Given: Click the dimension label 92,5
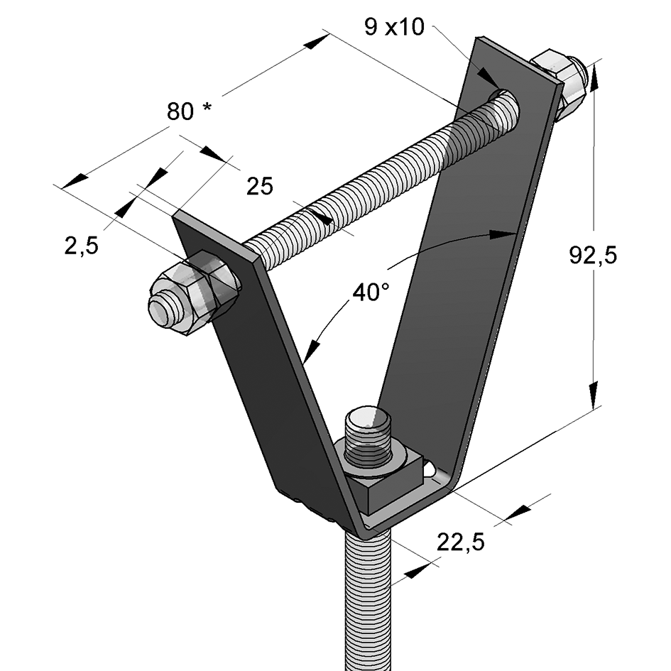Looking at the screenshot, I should [593, 254].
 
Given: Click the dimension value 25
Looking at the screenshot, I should [259, 186].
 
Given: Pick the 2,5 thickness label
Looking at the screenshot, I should [81, 246].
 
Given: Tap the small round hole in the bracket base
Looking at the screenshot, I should [431, 470].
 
